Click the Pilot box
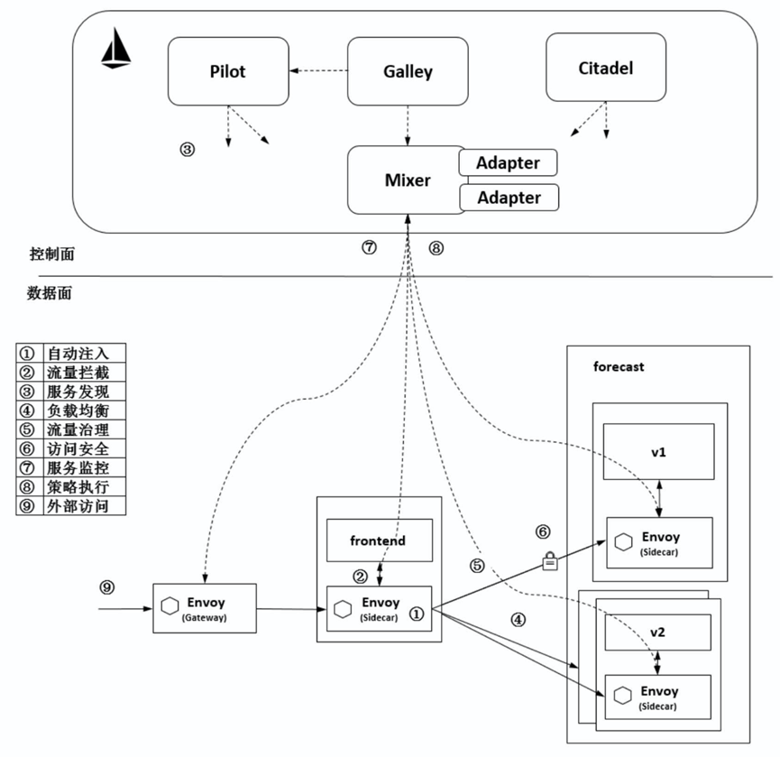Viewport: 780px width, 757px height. click(x=228, y=71)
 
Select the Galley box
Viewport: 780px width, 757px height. click(x=408, y=71)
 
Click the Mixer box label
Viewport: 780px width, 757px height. click(x=408, y=180)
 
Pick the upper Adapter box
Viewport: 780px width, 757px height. click(x=508, y=163)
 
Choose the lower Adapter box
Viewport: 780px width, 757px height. click(x=508, y=197)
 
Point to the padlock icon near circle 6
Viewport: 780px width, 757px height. click(x=548, y=562)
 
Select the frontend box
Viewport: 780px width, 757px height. click(x=378, y=541)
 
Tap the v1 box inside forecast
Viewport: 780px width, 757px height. click(x=658, y=454)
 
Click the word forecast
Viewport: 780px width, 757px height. click(x=619, y=367)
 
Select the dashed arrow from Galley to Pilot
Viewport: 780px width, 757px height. click(x=318, y=71)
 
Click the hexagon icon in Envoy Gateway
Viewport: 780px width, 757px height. click(x=170, y=606)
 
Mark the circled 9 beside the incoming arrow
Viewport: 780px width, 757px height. click(x=107, y=587)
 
